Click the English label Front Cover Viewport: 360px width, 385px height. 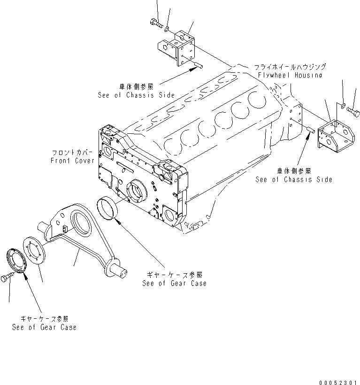72,161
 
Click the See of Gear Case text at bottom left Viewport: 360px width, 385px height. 44,327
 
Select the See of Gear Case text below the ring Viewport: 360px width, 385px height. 174,283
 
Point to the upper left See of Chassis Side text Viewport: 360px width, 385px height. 136,95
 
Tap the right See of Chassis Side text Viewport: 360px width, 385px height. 294,179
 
